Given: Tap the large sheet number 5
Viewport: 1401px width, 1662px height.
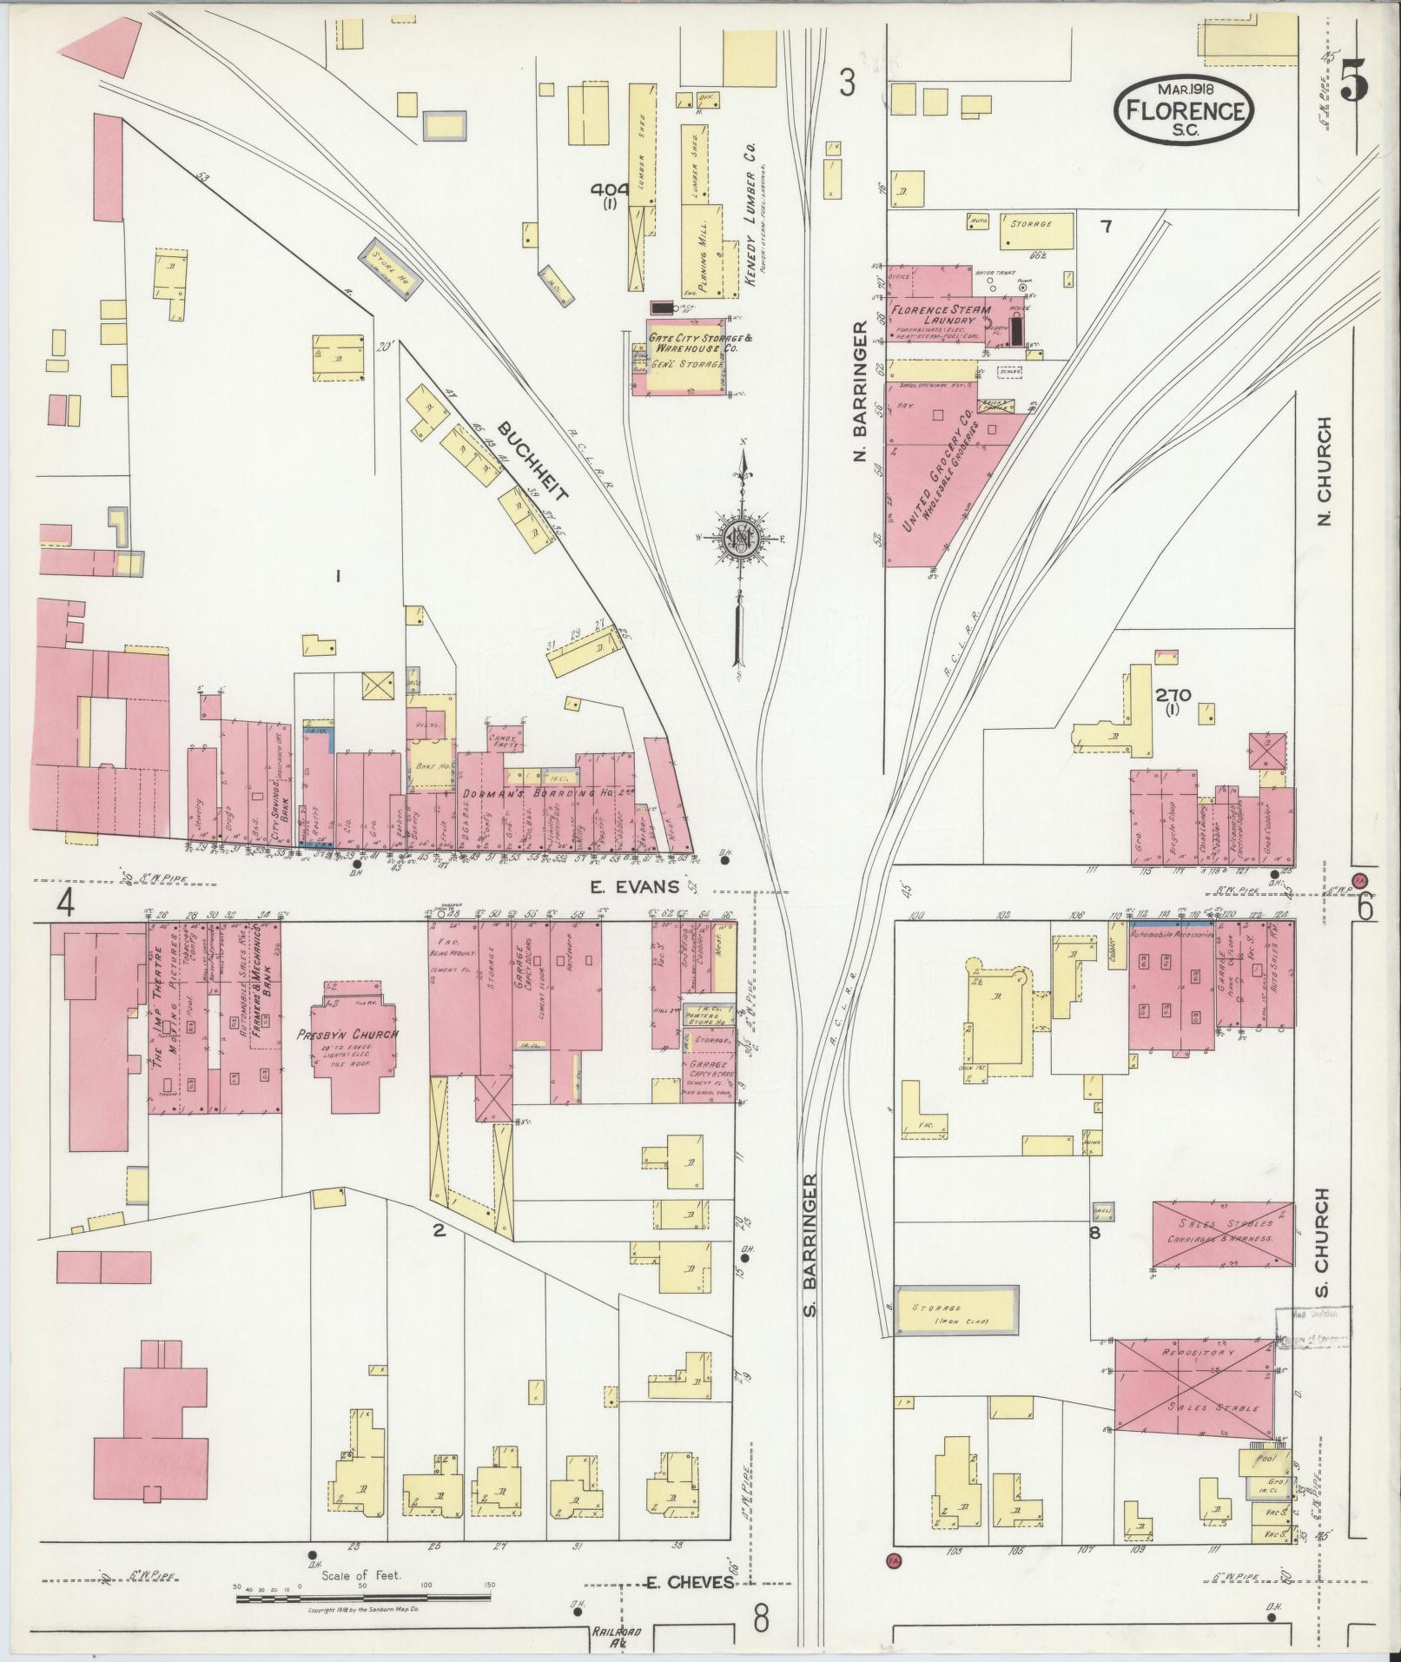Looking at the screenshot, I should tap(1353, 85).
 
